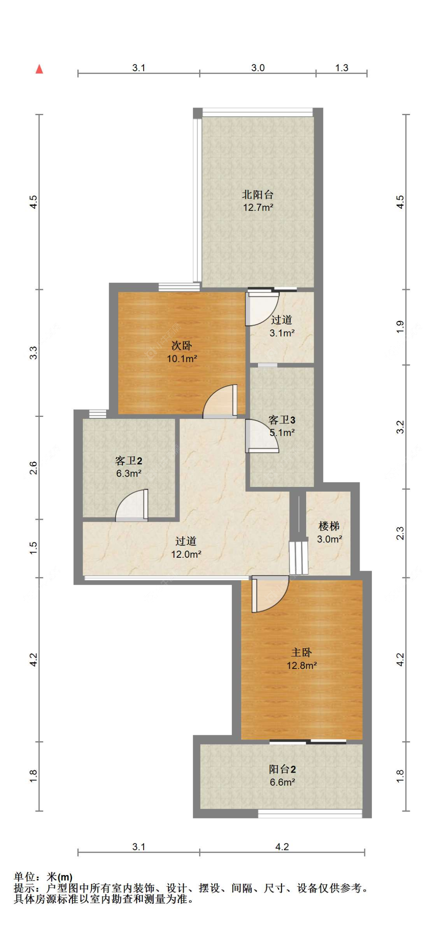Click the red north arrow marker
tap(39, 69)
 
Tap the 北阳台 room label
tap(258, 194)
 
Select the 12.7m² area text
tap(258, 207)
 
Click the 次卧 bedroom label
tap(182, 345)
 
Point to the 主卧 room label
tap(301, 652)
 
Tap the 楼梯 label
tap(329, 526)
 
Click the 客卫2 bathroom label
tap(129, 460)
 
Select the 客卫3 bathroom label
tap(282, 420)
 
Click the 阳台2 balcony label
tap(282, 769)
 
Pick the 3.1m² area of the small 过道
tap(282, 333)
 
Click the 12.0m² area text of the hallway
tap(186, 554)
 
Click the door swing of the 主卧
tap(270, 594)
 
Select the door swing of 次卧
tap(220, 401)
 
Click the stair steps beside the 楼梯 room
tap(299, 558)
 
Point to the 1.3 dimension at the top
tap(342, 68)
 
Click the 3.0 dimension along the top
tap(258, 68)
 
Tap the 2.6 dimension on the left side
tap(34, 468)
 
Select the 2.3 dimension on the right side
tap(400, 533)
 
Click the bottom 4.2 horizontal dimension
tap(282, 846)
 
